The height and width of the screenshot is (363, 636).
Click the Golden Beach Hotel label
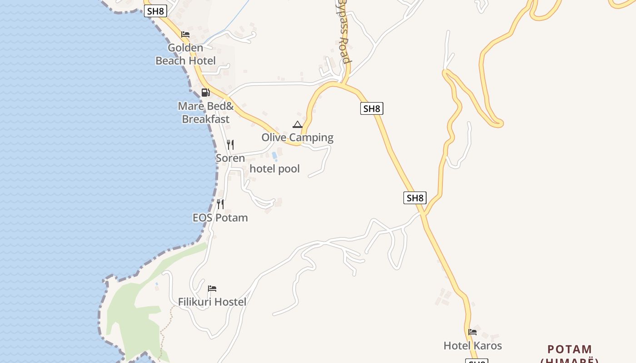(x=185, y=54)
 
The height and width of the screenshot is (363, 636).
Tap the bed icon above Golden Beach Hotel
(x=185, y=34)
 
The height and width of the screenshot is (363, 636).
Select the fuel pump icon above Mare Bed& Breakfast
(x=206, y=93)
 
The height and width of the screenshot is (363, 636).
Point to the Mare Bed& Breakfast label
(x=206, y=113)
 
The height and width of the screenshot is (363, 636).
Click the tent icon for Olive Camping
(x=298, y=124)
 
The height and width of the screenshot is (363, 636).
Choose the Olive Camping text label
(x=298, y=137)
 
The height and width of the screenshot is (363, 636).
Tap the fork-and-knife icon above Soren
(x=230, y=145)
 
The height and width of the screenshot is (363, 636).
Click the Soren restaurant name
(x=230, y=158)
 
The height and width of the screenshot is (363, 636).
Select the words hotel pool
(x=275, y=169)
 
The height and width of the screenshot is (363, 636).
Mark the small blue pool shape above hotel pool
(x=274, y=157)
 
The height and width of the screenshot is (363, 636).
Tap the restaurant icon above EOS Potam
(x=220, y=204)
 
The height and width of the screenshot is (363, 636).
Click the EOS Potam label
(x=220, y=218)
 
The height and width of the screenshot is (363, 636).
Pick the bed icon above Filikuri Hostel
(x=212, y=289)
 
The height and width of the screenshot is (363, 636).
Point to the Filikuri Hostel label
(x=212, y=302)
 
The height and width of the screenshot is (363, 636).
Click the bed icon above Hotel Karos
(x=472, y=332)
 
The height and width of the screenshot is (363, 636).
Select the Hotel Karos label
(x=472, y=346)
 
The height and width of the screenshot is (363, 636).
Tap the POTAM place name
(x=570, y=349)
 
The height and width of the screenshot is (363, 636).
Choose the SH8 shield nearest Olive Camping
(x=372, y=108)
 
